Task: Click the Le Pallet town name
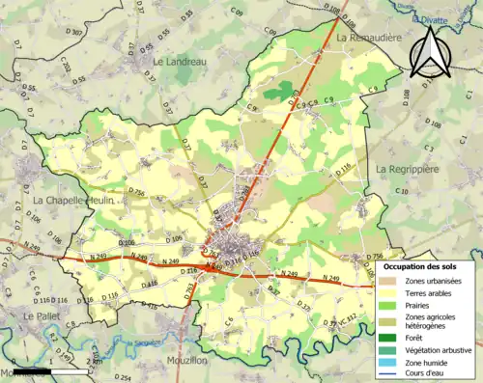[43, 315]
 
